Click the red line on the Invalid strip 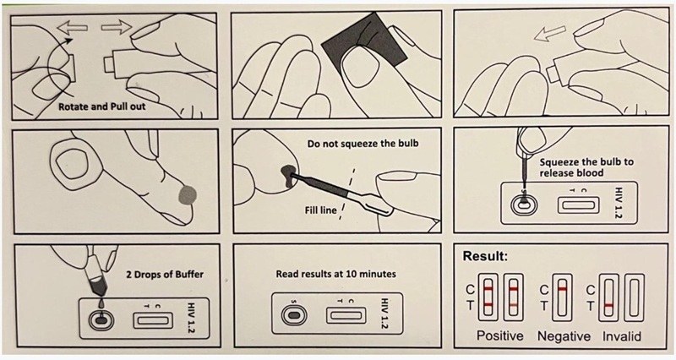coord(608,304)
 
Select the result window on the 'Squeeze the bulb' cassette coord(581,203)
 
